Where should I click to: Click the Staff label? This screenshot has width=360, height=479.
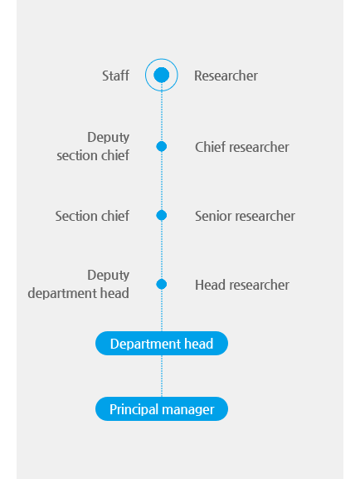pyautogui.click(x=115, y=76)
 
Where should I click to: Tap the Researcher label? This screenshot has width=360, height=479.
pyautogui.click(x=226, y=76)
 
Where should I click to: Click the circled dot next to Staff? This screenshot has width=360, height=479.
pyautogui.click(x=162, y=75)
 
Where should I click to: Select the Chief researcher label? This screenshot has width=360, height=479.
pyautogui.click(x=242, y=147)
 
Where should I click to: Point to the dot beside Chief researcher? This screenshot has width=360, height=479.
pyautogui.click(x=162, y=147)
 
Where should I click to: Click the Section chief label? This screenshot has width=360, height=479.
pyautogui.click(x=92, y=216)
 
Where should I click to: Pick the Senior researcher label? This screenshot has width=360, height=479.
pyautogui.click(x=245, y=216)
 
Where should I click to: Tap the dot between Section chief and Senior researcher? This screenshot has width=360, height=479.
pyautogui.click(x=162, y=215)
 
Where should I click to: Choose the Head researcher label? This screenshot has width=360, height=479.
pyautogui.click(x=242, y=285)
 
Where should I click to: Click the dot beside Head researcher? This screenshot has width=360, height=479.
pyautogui.click(x=162, y=284)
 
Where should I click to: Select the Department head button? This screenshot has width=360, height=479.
pyautogui.click(x=162, y=344)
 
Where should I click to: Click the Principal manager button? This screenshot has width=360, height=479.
pyautogui.click(x=162, y=409)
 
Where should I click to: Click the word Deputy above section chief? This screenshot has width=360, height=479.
pyautogui.click(x=109, y=138)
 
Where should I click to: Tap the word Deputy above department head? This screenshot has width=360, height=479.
pyautogui.click(x=109, y=276)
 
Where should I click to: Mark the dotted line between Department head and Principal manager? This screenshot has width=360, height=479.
pyautogui.click(x=162, y=376)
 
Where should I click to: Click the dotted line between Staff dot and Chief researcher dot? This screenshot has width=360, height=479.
pyautogui.click(x=162, y=116)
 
